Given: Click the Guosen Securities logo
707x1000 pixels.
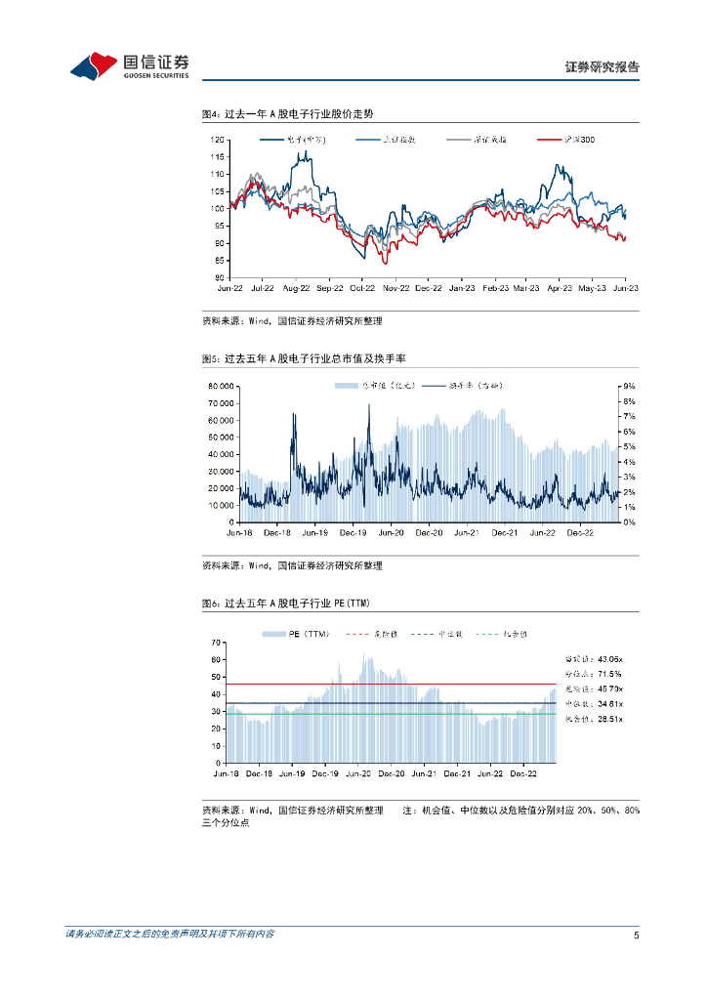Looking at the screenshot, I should (129, 65).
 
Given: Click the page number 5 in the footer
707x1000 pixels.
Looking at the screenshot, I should (636, 935).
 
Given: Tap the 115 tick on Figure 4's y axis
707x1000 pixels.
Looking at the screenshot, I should (218, 156).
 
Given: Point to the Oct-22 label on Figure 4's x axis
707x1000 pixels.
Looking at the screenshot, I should (362, 289).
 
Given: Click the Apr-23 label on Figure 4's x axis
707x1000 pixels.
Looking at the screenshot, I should (559, 289).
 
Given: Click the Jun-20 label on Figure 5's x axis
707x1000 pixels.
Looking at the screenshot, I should (391, 533).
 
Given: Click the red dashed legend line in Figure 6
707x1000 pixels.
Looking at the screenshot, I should (358, 634).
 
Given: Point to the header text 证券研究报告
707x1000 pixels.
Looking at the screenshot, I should (603, 67).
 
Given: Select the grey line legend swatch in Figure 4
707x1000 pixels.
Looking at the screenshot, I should (457, 140).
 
